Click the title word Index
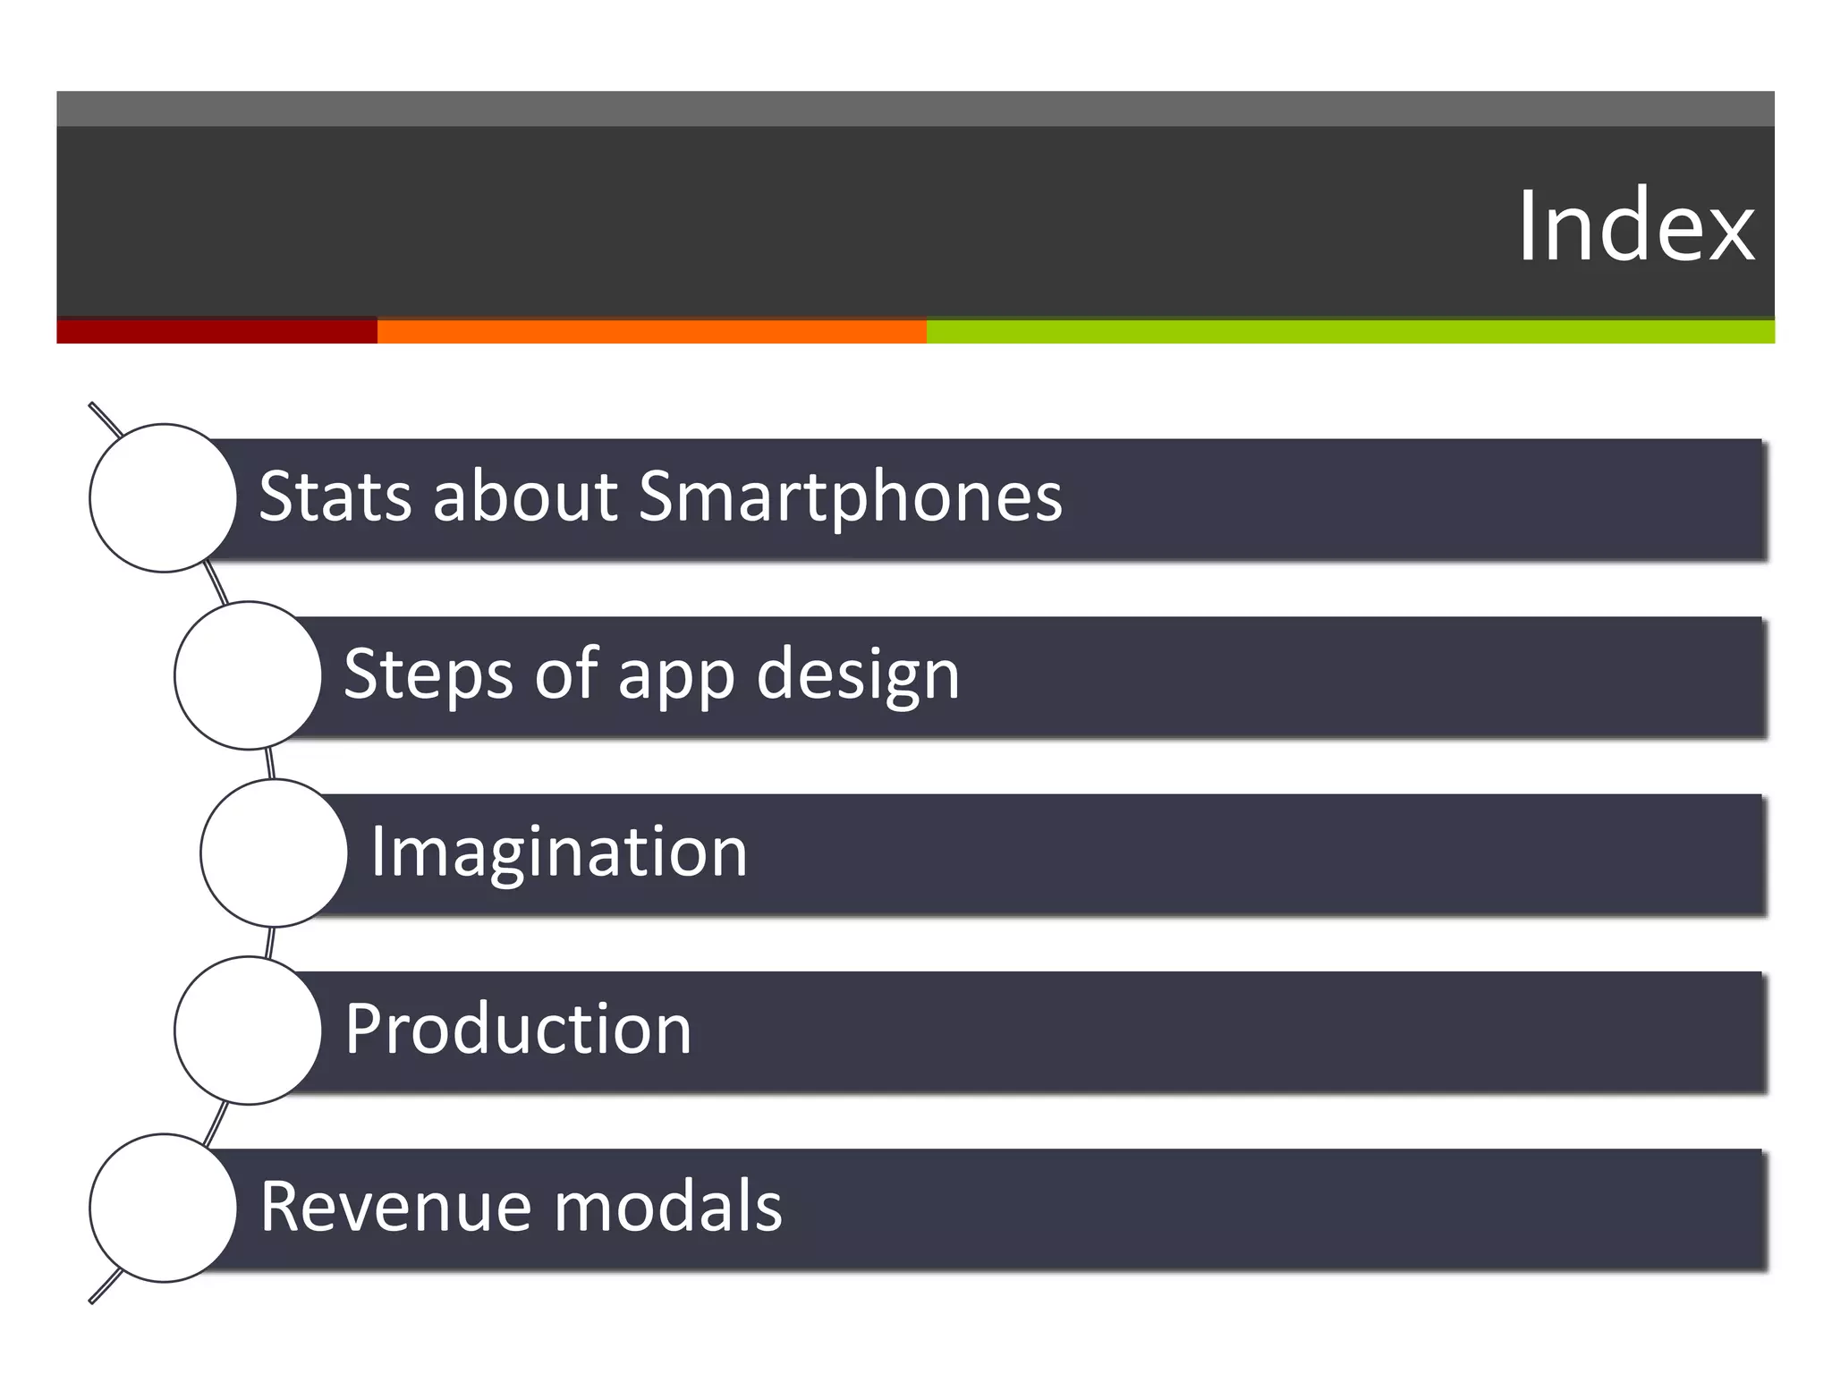pyautogui.click(x=1635, y=227)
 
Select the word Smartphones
pyautogui.click(x=850, y=498)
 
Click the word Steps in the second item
pyautogui.click(x=428, y=675)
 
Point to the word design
pyautogui.click(x=857, y=675)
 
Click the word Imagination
pyautogui.click(x=558, y=852)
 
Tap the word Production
pyautogui.click(x=518, y=1030)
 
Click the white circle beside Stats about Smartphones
pyautogui.click(x=163, y=498)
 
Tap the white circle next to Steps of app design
pyautogui.click(x=248, y=675)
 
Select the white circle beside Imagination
pyautogui.click(x=274, y=852)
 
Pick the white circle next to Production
pyautogui.click(x=248, y=1030)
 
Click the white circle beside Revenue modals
pyautogui.click(x=163, y=1208)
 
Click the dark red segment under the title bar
pyautogui.click(x=216, y=331)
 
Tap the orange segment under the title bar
pyautogui.click(x=651, y=331)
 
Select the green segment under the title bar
pyautogui.click(x=1351, y=331)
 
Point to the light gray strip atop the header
pyautogui.click(x=915, y=108)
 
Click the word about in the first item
pyautogui.click(x=524, y=496)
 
